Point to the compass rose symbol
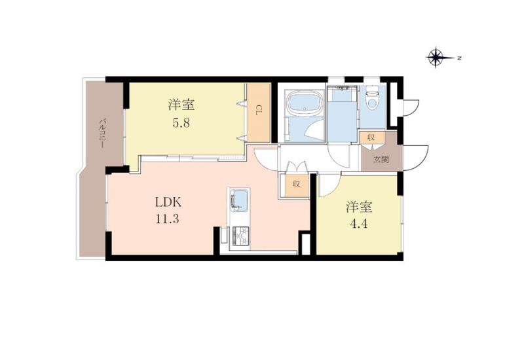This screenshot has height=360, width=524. [x=436, y=58]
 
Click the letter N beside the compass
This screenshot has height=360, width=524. [x=460, y=58]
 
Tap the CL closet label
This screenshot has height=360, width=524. [x=259, y=110]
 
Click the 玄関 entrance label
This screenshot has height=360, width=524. [x=381, y=159]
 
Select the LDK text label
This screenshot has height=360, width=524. [x=168, y=202]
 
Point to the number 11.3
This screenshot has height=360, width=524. [x=167, y=219]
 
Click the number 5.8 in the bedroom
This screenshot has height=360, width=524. [x=181, y=123]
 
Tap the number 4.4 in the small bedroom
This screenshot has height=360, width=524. [x=358, y=224]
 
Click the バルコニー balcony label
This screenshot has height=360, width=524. [x=102, y=134]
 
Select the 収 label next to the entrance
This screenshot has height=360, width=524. [x=371, y=137]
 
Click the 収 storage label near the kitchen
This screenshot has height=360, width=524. [x=297, y=184]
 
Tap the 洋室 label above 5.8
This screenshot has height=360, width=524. [x=181, y=105]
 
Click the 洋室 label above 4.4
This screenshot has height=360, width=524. [x=359, y=207]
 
